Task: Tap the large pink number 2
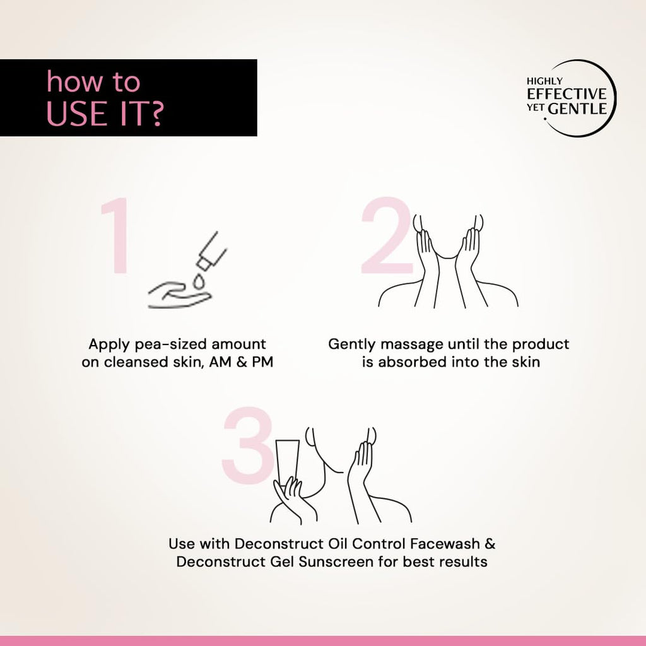387,235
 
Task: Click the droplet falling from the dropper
199,282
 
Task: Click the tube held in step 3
288,461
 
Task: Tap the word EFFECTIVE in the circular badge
567,94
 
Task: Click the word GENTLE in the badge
577,109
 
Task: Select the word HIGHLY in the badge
544,81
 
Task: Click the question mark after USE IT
155,114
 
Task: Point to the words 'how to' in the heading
93,81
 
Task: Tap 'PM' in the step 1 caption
262,361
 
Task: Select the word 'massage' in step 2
411,344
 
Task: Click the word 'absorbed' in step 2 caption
412,361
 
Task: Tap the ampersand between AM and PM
242,361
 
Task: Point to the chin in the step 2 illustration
449,257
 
